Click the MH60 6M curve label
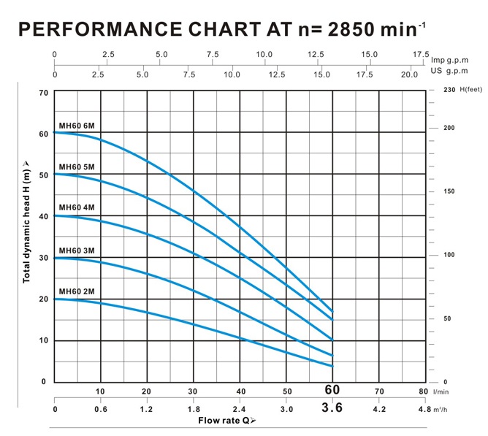77,126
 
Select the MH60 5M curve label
77,167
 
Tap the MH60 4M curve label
77,208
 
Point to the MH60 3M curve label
77,250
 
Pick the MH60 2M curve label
77,291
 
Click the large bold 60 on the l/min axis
333,391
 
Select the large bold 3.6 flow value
333,408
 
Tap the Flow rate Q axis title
227,421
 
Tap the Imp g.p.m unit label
452,60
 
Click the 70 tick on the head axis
43,93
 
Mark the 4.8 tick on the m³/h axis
424,409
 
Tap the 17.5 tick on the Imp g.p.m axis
422,54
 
